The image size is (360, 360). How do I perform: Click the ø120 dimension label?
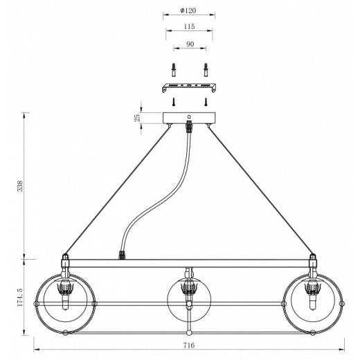coord(188,10)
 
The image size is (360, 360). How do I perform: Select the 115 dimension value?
coord(189,26)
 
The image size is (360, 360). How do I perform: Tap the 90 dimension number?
coord(190,44)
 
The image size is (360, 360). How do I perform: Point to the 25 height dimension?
coord(137,118)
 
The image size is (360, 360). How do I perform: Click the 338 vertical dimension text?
coord(21,186)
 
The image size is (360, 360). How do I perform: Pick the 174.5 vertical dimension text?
coord(21,297)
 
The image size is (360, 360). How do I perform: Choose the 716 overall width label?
coord(189,345)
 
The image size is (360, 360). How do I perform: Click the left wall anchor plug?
coord(174,70)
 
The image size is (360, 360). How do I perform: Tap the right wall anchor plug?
coord(206,70)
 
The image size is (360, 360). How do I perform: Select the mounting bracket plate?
coord(189,88)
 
